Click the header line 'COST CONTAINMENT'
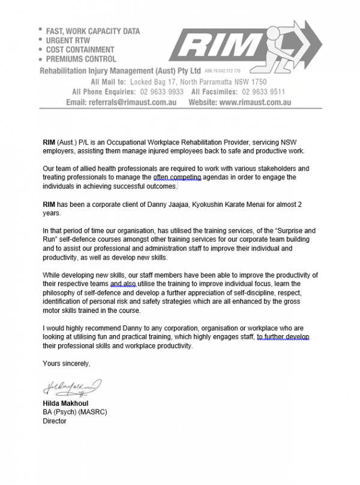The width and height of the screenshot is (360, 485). pos(80,50)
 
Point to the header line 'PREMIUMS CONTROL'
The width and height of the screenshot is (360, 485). pos(80,59)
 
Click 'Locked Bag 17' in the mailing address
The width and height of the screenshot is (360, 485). pos(158,82)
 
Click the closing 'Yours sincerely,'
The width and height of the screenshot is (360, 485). pos(67,363)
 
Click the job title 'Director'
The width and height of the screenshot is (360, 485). pos(55,421)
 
